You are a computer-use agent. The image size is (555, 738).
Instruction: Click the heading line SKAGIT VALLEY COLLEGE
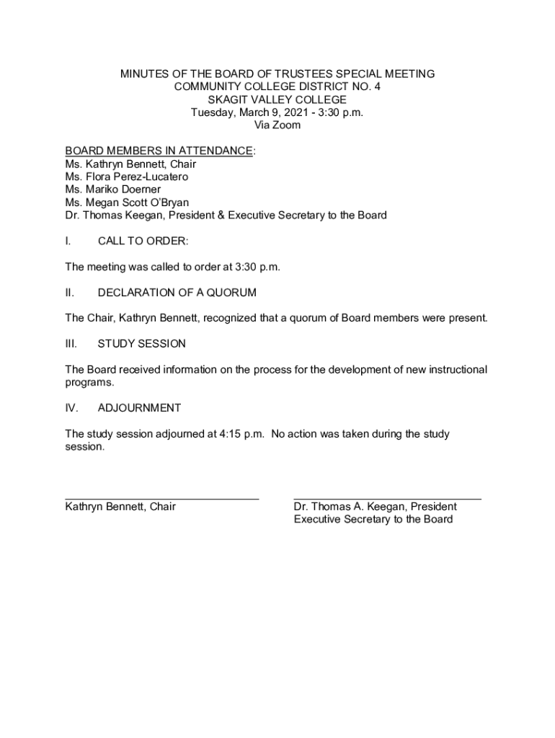tap(277, 99)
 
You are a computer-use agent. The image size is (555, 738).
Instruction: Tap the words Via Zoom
tap(277, 125)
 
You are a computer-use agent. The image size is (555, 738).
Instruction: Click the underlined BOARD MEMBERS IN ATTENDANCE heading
tap(159, 151)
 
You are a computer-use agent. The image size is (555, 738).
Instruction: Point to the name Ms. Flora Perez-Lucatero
tap(126, 177)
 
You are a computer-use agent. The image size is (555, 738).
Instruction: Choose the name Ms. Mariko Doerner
tap(112, 190)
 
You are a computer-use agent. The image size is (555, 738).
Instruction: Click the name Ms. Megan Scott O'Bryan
tap(127, 203)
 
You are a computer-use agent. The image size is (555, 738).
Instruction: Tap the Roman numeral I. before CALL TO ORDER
tap(68, 241)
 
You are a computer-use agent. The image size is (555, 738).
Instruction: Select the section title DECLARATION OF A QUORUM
tap(177, 293)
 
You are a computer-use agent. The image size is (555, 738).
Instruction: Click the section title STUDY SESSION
tap(141, 344)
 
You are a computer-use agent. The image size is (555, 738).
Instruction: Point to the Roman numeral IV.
tap(71, 408)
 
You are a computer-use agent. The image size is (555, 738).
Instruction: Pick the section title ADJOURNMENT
tap(139, 408)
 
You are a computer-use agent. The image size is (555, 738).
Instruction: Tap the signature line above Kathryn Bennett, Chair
tap(161, 498)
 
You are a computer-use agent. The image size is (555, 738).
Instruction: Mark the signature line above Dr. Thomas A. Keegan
tap(387, 498)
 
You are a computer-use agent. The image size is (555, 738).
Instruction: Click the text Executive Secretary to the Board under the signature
tap(373, 520)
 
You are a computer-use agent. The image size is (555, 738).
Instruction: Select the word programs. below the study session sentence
tap(89, 383)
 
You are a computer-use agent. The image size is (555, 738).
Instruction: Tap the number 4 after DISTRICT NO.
tap(377, 86)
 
